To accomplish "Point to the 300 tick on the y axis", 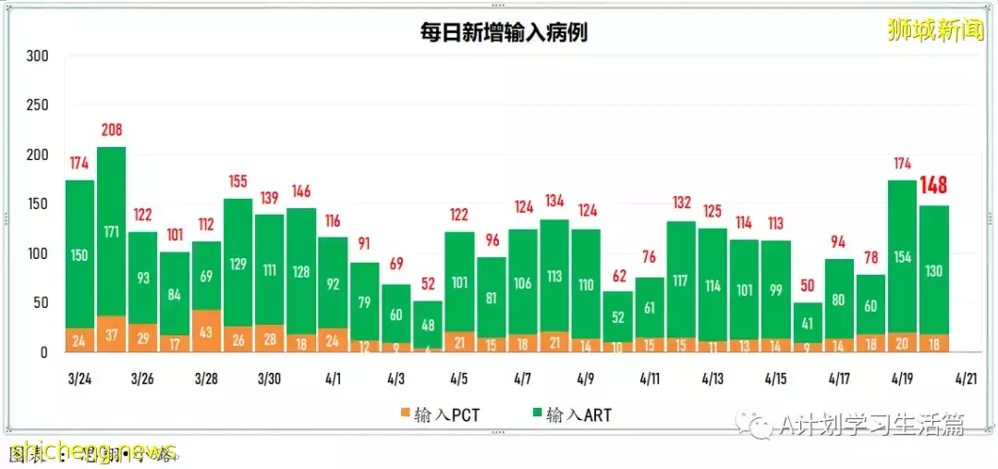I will (x=37, y=56).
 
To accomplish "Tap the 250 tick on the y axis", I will (x=37, y=105).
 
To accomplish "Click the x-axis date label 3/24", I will (x=79, y=379).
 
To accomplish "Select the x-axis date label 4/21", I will (x=966, y=379).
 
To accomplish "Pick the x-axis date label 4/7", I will (x=521, y=379).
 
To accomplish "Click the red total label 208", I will (x=111, y=130).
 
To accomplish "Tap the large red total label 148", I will (x=934, y=187).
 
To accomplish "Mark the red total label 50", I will (x=807, y=286).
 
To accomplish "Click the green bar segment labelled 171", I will (x=111, y=231).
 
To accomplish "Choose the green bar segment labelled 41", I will (x=807, y=323).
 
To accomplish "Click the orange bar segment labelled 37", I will (x=111, y=334).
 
